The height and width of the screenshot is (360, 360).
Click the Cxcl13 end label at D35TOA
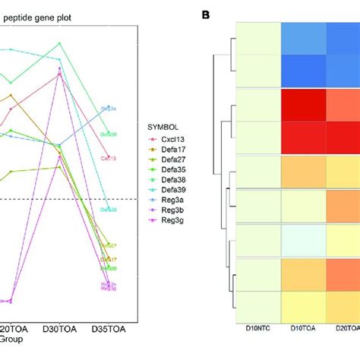[x=108, y=159]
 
